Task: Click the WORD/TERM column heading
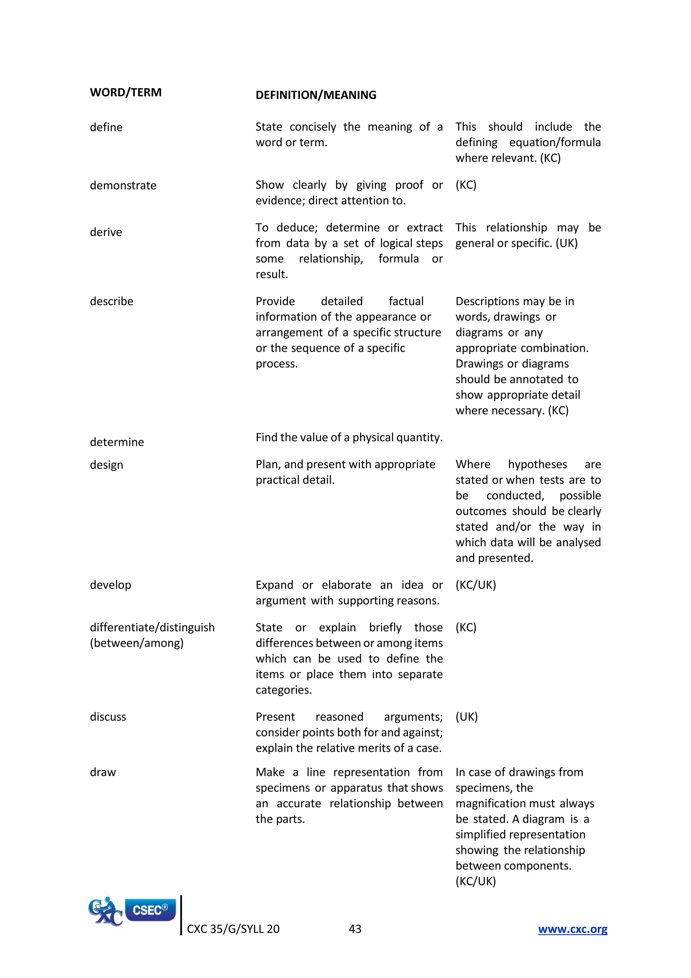[x=126, y=93]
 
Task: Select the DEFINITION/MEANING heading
[x=316, y=95]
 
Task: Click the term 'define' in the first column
[x=106, y=127]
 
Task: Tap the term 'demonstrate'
[x=123, y=186]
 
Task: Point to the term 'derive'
[x=106, y=232]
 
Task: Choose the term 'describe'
[x=111, y=302]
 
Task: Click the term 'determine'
[x=117, y=442]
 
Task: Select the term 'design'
[x=106, y=465]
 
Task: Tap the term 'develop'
[x=110, y=585]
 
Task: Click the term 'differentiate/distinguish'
[x=152, y=627]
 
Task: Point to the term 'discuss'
[x=108, y=717]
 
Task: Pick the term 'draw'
[x=103, y=772]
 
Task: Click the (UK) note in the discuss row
[x=466, y=717]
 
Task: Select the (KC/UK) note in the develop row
[x=475, y=585]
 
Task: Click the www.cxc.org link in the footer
[x=572, y=929]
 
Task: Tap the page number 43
[x=355, y=929]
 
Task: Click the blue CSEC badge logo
[x=150, y=910]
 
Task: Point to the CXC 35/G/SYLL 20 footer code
[x=233, y=929]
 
